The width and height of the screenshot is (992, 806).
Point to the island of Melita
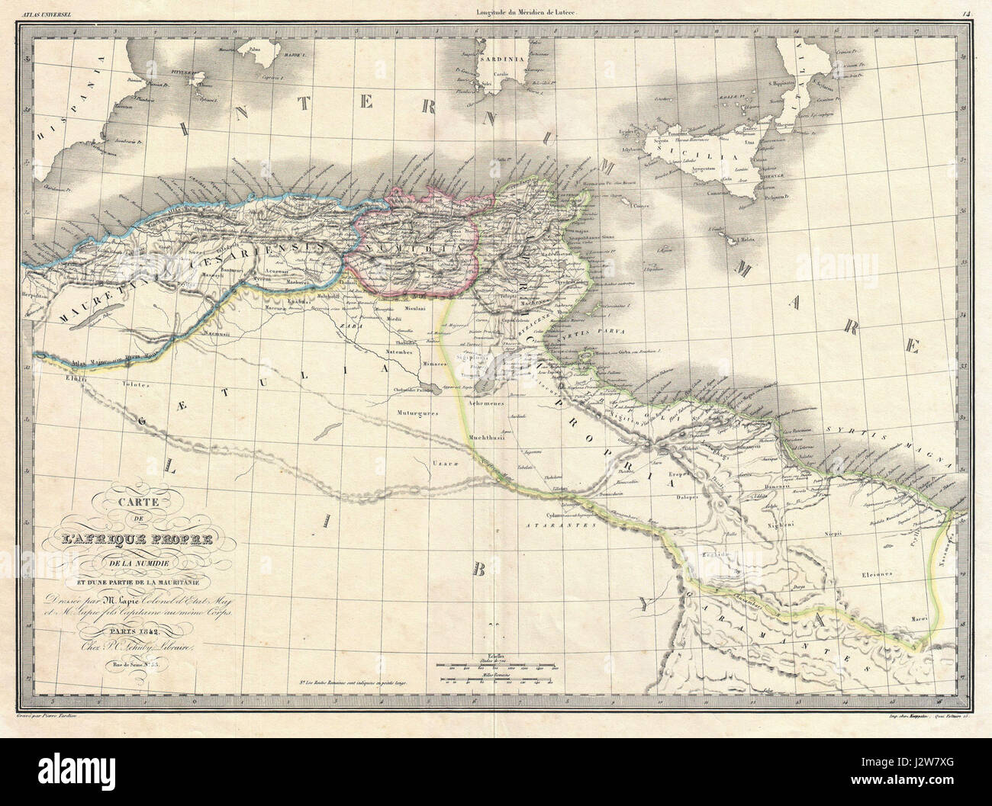pyautogui.click(x=737, y=241)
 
